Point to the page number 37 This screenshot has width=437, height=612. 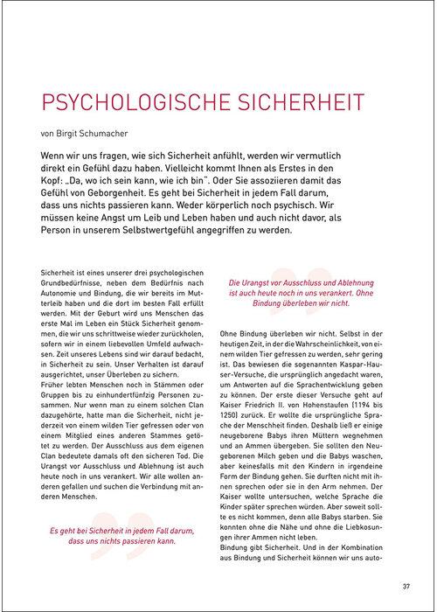pyautogui.click(x=406, y=586)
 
